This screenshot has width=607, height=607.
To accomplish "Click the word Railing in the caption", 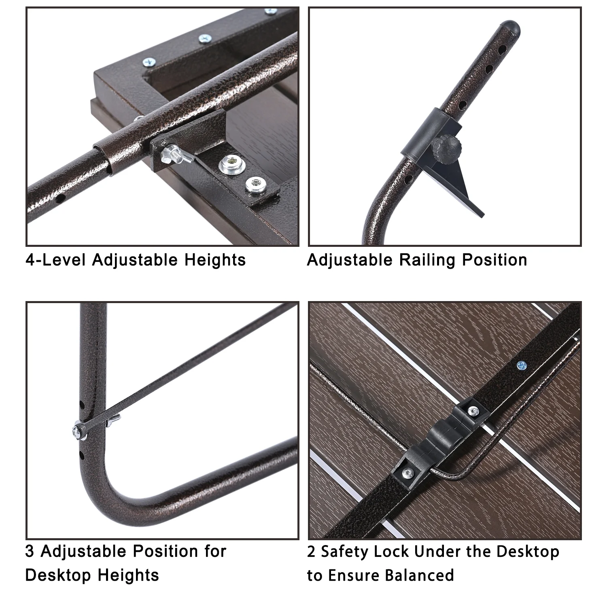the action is pos(428,260).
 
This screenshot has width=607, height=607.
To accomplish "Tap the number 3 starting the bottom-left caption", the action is pos(30,552).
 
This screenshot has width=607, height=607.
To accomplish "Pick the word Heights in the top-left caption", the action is pos(215,260).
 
